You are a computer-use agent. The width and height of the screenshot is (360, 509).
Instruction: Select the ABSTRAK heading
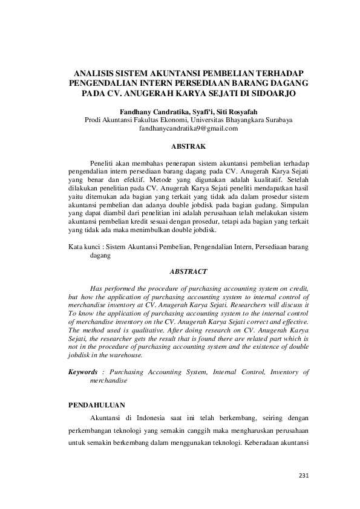pyautogui.click(x=189, y=146)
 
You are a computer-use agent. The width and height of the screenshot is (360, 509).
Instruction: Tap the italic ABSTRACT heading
pyautogui.click(x=189, y=272)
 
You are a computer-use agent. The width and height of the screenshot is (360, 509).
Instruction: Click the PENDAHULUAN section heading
pyautogui.click(x=98, y=401)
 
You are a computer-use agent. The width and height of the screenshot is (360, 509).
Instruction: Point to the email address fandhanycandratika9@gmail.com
pyautogui.click(x=189, y=129)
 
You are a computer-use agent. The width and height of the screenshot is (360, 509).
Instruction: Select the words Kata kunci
pyautogui.click(x=82, y=247)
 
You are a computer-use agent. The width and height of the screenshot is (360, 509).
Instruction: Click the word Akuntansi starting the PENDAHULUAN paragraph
pyautogui.click(x=106, y=418)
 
